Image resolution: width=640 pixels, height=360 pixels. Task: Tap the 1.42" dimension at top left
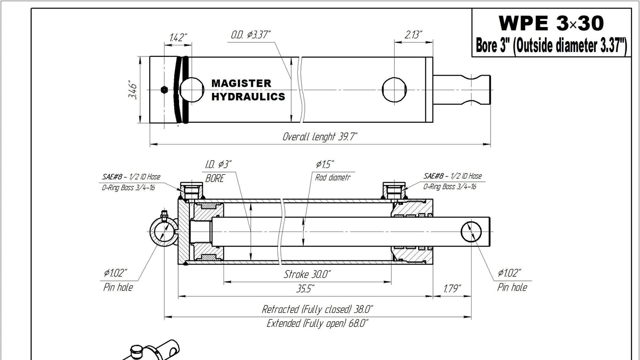(x=178, y=37)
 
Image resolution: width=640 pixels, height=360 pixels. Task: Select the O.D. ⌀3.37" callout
(x=250, y=35)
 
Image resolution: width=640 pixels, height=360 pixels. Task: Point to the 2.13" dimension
(x=413, y=35)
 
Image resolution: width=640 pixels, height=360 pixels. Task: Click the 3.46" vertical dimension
(x=132, y=90)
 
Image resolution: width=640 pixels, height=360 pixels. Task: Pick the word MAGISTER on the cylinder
(x=241, y=84)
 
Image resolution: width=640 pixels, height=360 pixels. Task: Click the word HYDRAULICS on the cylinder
(x=248, y=96)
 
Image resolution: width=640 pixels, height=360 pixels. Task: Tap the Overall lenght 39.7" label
(x=320, y=136)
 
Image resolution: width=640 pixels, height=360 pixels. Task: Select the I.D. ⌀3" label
(x=218, y=164)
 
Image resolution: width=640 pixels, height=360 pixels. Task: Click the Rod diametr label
(x=332, y=177)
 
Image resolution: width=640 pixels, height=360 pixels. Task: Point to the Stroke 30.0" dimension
(x=307, y=274)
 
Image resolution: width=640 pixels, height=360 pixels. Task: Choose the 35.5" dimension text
(x=305, y=289)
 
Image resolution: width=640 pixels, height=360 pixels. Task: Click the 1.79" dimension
(x=452, y=289)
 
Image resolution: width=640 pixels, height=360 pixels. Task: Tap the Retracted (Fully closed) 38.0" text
(x=317, y=309)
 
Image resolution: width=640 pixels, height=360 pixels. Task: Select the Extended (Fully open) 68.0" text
(x=317, y=324)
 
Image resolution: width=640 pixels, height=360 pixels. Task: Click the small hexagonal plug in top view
(x=164, y=90)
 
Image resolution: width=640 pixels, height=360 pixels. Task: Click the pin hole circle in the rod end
(x=471, y=232)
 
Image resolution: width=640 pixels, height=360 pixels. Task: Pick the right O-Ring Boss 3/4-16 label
(x=450, y=187)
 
